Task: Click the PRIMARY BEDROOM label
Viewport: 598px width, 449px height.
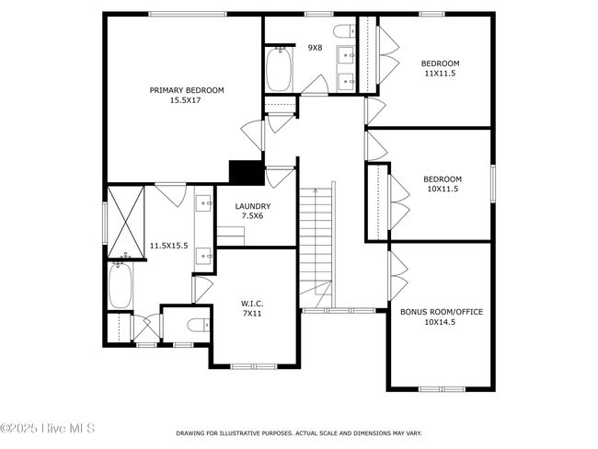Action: (x=187, y=90)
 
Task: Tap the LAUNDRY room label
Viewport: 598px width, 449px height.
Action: (x=253, y=206)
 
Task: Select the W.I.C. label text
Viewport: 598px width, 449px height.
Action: (x=252, y=304)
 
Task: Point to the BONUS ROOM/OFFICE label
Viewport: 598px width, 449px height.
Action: (x=442, y=312)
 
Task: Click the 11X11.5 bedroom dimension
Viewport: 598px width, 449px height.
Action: (x=440, y=74)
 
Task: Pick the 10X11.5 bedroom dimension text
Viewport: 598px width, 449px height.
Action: (x=443, y=189)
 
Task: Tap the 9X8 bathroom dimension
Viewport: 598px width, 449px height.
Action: (x=315, y=48)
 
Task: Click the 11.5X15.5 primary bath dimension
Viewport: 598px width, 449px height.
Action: (x=168, y=246)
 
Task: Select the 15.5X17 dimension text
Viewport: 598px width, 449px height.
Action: (x=185, y=100)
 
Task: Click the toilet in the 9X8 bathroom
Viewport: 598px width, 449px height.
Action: (x=345, y=31)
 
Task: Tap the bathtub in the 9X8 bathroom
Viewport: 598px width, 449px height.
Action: (x=279, y=69)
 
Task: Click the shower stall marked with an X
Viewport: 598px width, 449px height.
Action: (x=126, y=222)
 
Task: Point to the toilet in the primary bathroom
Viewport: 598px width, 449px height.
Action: (x=199, y=325)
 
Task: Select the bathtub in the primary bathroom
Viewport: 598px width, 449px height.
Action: (x=121, y=285)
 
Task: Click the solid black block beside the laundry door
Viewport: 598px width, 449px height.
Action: (x=247, y=172)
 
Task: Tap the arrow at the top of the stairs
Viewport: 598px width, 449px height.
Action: (x=315, y=190)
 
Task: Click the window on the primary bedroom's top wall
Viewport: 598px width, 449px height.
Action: (x=188, y=15)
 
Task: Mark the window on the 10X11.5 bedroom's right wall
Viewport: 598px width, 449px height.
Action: (x=493, y=183)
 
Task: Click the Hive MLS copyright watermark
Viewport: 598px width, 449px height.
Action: (x=47, y=428)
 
